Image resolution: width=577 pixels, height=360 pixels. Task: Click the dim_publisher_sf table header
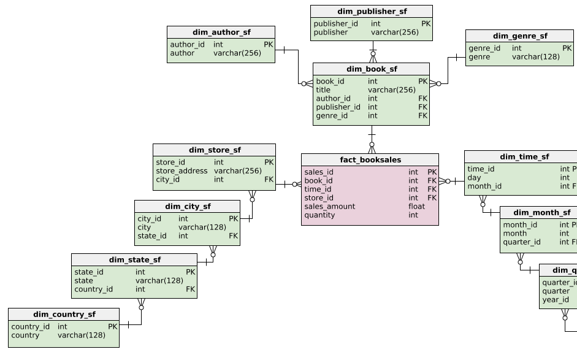[x=372, y=12]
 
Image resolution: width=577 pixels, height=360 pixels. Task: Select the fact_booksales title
[x=370, y=160]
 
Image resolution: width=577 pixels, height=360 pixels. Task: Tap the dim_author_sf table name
[x=221, y=33]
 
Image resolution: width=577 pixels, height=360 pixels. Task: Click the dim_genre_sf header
[x=520, y=36]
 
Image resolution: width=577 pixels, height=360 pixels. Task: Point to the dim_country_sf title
[x=64, y=315]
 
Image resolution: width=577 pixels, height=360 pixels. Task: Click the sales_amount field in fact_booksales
[x=329, y=207]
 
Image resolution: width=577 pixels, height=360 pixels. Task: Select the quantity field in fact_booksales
[x=319, y=215]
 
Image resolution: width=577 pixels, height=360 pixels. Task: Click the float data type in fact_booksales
[x=416, y=207]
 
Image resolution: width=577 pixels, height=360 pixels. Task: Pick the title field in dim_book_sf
[x=323, y=90]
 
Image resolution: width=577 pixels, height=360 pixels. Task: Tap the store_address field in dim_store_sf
[x=182, y=171]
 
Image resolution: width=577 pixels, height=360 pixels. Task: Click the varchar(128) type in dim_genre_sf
[x=535, y=57]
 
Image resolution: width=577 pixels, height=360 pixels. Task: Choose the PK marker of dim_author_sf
[x=268, y=45]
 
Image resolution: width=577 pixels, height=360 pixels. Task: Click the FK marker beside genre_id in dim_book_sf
[x=422, y=116]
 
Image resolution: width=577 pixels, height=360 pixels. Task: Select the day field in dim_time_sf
[x=474, y=178]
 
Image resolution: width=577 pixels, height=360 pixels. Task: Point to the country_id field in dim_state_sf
[x=93, y=289]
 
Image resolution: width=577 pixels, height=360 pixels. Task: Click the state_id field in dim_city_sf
[x=151, y=236]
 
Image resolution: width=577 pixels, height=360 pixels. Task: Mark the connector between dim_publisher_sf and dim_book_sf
[x=372, y=52]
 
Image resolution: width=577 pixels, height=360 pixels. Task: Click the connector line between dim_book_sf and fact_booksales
[x=372, y=139]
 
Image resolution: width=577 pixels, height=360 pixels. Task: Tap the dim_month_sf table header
[x=541, y=213]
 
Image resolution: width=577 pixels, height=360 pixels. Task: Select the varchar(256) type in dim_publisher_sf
[x=394, y=33]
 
